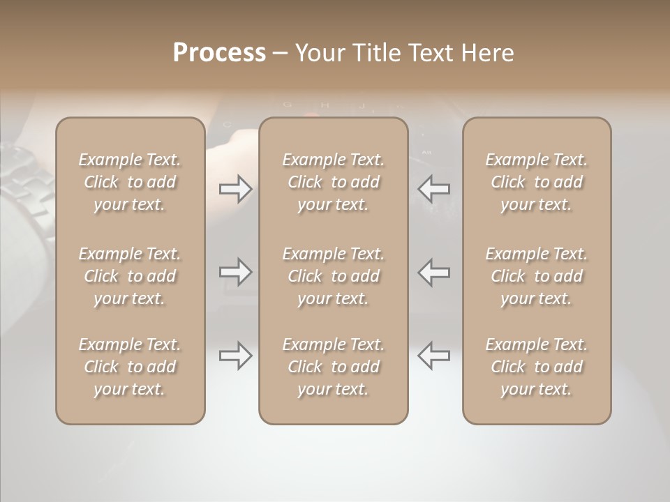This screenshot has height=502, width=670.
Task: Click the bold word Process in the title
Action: click(219, 53)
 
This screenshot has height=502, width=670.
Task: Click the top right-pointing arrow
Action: click(235, 189)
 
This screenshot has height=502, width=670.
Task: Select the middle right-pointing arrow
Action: click(235, 272)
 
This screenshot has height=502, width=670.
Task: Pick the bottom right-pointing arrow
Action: click(235, 356)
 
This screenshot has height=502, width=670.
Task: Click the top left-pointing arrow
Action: click(433, 189)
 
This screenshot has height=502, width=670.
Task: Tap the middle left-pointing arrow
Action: click(433, 272)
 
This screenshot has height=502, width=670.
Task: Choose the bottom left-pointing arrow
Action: click(433, 356)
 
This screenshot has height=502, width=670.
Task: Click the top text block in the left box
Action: click(130, 182)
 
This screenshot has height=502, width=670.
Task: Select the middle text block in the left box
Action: click(130, 276)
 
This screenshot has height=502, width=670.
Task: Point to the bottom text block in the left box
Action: click(130, 367)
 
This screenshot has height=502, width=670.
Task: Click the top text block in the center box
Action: click(333, 182)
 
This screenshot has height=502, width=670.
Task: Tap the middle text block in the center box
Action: click(333, 276)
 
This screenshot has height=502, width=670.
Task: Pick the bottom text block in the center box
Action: click(333, 367)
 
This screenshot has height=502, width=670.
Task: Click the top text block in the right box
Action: click(536, 182)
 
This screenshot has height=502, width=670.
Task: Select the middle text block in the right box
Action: click(536, 276)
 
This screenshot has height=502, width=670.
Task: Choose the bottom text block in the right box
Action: click(536, 367)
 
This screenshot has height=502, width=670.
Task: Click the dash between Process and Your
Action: click(280, 54)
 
